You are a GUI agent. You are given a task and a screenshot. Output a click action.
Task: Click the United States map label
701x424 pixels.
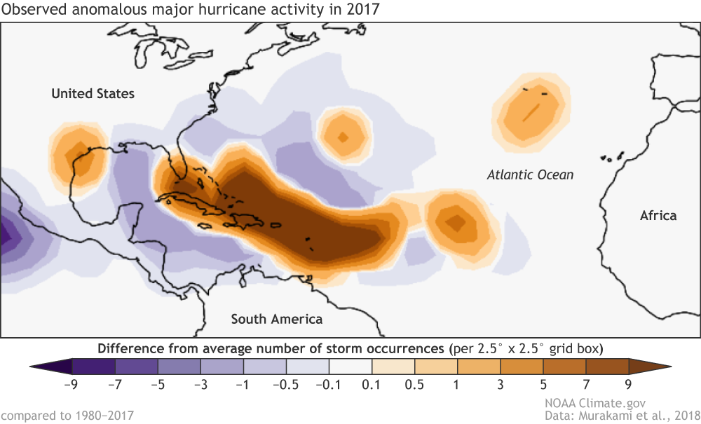coord(93,94)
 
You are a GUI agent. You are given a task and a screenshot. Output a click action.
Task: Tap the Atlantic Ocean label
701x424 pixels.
coord(530,175)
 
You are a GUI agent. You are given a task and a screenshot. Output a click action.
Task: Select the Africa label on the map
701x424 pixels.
coord(658,215)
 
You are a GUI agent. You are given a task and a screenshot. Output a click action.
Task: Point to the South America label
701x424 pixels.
coord(277,320)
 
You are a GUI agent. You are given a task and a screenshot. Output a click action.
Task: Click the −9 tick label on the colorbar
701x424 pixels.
coord(72,383)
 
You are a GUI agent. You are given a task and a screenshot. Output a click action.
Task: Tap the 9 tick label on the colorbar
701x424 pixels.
coord(628,383)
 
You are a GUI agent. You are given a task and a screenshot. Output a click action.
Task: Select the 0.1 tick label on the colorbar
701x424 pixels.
coord(372,383)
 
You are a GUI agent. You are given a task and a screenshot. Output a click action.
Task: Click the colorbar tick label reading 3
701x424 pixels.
coord(500,383)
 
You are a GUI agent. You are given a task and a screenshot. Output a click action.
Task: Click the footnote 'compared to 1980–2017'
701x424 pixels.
coord(67,416)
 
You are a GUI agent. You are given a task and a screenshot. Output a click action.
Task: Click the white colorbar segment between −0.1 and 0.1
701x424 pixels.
coord(350,366)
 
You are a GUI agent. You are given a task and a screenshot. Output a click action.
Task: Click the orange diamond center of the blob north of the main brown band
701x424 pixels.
coord(343,137)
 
